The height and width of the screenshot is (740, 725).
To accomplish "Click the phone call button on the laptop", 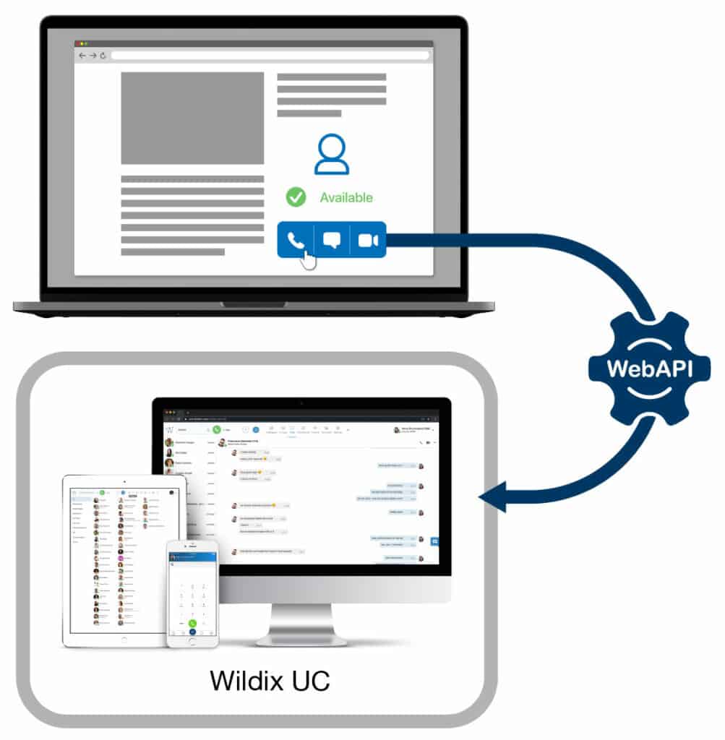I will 296,240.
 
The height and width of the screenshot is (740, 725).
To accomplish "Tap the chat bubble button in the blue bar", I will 332,240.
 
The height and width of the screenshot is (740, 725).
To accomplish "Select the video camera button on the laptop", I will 368,240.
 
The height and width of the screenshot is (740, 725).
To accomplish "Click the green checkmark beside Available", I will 296,197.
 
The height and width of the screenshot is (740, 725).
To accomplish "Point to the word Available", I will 346,197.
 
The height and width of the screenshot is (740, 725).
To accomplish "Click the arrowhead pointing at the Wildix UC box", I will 492,497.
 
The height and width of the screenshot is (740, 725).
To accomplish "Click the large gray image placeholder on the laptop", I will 192,118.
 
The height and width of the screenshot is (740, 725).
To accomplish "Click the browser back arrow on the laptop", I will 82,56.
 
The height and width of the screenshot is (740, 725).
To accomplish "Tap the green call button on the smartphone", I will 192,623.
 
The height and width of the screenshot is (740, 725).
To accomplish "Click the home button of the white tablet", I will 124,639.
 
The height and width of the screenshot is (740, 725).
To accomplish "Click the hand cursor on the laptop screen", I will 308,258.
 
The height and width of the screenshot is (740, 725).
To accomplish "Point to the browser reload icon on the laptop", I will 103,56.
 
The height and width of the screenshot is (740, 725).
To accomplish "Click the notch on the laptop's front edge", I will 253,305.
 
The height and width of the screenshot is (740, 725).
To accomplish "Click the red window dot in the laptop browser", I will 77,44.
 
